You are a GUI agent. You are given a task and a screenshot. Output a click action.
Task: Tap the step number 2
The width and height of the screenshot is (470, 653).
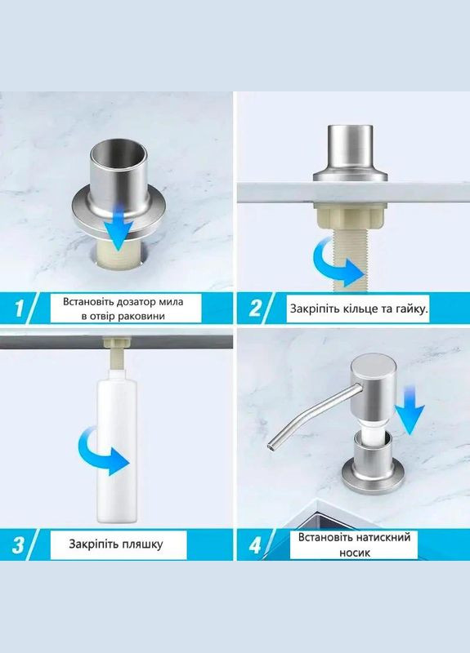click(255, 309)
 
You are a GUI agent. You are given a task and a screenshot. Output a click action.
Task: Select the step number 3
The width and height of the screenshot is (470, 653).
click(18, 544)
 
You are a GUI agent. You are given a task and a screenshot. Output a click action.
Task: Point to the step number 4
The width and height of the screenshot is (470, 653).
click(255, 544)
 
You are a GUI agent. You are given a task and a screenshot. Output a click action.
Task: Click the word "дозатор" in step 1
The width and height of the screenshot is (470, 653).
click(126, 301)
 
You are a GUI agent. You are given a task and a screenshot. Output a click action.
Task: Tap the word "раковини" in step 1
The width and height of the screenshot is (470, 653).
click(144, 316)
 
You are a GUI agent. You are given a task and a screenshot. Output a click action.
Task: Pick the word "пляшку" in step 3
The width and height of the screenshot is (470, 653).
click(141, 544)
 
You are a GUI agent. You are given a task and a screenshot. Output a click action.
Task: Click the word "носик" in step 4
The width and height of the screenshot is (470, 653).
click(355, 553)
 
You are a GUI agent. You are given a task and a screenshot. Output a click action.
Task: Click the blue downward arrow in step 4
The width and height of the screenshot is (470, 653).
click(410, 411)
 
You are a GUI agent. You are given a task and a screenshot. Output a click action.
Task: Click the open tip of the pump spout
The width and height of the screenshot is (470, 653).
click(271, 446)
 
